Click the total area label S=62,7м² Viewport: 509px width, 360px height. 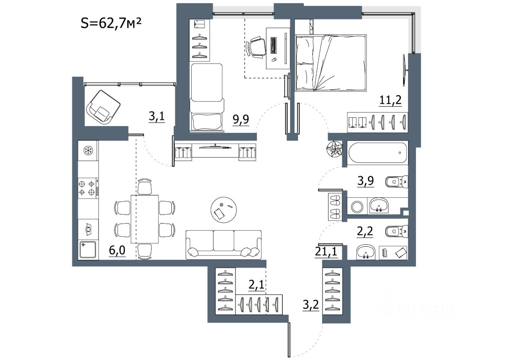pyautogui.click(x=111, y=23)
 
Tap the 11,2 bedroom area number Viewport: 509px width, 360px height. pyautogui.click(x=390, y=100)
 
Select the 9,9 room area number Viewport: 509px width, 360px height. pyautogui.click(x=241, y=119)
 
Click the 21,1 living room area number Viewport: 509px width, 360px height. pyautogui.click(x=326, y=251)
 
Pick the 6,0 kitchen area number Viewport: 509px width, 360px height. pyautogui.click(x=117, y=250)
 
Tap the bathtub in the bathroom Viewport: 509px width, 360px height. pyautogui.click(x=378, y=152)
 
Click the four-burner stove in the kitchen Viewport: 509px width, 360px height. pyautogui.click(x=88, y=189)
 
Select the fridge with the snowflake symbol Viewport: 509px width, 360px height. pyautogui.click(x=88, y=150)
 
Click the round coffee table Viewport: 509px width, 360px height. pyautogui.click(x=223, y=210)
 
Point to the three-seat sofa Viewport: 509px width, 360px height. pyautogui.click(x=223, y=245)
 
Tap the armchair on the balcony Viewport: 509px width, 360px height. pyautogui.click(x=103, y=107)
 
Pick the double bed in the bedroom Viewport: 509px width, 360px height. pyautogui.click(x=330, y=63)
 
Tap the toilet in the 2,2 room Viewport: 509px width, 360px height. pyautogui.click(x=397, y=232)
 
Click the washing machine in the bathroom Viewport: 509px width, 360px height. pyautogui.click(x=357, y=206)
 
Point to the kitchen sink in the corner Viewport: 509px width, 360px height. pyautogui.click(x=88, y=250)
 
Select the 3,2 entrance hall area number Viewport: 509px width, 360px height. pyautogui.click(x=311, y=305)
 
